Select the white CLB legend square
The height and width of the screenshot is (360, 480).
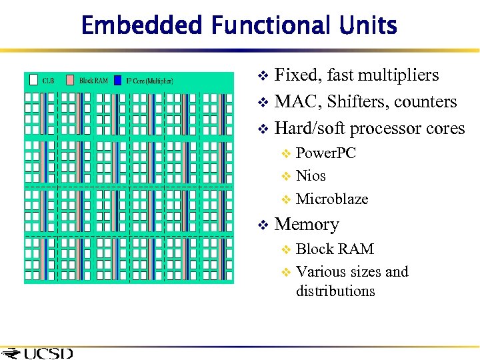click(34, 81)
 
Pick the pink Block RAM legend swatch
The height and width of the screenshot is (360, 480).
click(71, 81)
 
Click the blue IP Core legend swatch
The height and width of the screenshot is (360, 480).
click(118, 81)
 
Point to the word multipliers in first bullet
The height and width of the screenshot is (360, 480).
click(399, 75)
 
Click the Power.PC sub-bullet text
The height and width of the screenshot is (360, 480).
click(325, 153)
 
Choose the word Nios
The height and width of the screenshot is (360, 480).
click(311, 176)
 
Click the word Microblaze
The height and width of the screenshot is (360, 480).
click(331, 199)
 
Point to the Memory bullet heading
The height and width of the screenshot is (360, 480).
click(307, 225)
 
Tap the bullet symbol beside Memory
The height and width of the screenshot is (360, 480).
click(263, 225)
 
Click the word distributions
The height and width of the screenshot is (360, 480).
click(335, 291)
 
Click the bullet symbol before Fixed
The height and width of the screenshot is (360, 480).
click(263, 76)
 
